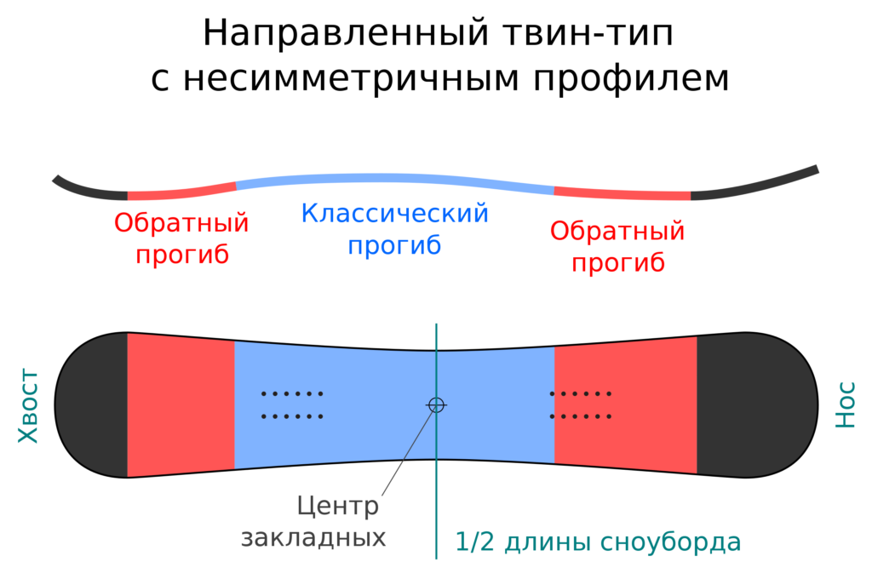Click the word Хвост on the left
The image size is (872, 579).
(x=29, y=406)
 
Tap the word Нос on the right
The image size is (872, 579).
(x=845, y=405)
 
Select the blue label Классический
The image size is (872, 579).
(x=395, y=213)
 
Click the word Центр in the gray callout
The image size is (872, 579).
(x=338, y=507)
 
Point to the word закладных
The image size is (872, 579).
(x=313, y=538)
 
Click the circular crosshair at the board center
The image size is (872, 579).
(x=436, y=405)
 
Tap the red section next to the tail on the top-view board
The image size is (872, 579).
(x=181, y=405)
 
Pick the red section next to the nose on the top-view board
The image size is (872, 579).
(x=625, y=405)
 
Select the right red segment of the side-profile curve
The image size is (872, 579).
(x=622, y=192)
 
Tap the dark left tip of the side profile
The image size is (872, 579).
(x=85, y=188)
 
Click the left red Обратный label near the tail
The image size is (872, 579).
(x=181, y=224)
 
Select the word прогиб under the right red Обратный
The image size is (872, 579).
(x=617, y=263)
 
